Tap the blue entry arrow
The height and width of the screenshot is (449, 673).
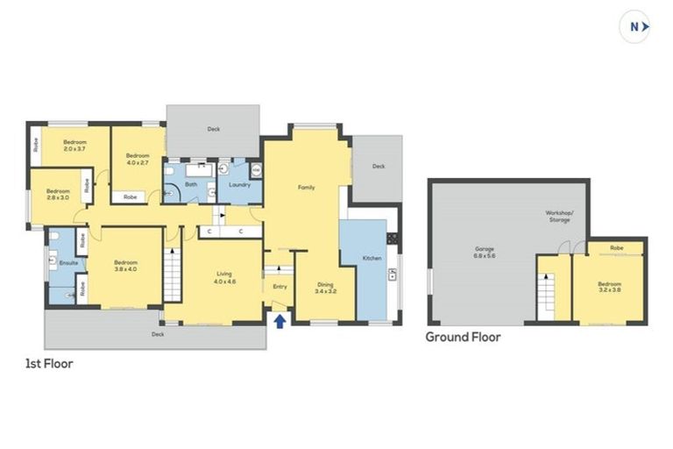[280, 321]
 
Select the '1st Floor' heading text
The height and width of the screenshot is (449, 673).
[48, 363]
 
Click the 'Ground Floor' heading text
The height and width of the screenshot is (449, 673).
[463, 336]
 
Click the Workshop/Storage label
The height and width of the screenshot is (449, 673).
[558, 216]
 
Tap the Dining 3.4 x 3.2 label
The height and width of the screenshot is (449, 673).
[324, 287]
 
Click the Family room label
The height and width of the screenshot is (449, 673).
[306, 188]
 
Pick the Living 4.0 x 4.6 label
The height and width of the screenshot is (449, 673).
[225, 278]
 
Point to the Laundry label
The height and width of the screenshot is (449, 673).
[239, 185]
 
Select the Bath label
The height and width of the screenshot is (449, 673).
[191, 185]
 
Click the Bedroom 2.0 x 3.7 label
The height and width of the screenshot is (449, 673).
[74, 146]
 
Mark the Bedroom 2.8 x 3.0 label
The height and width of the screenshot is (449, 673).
[58, 195]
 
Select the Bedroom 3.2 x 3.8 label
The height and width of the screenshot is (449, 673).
[610, 288]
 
